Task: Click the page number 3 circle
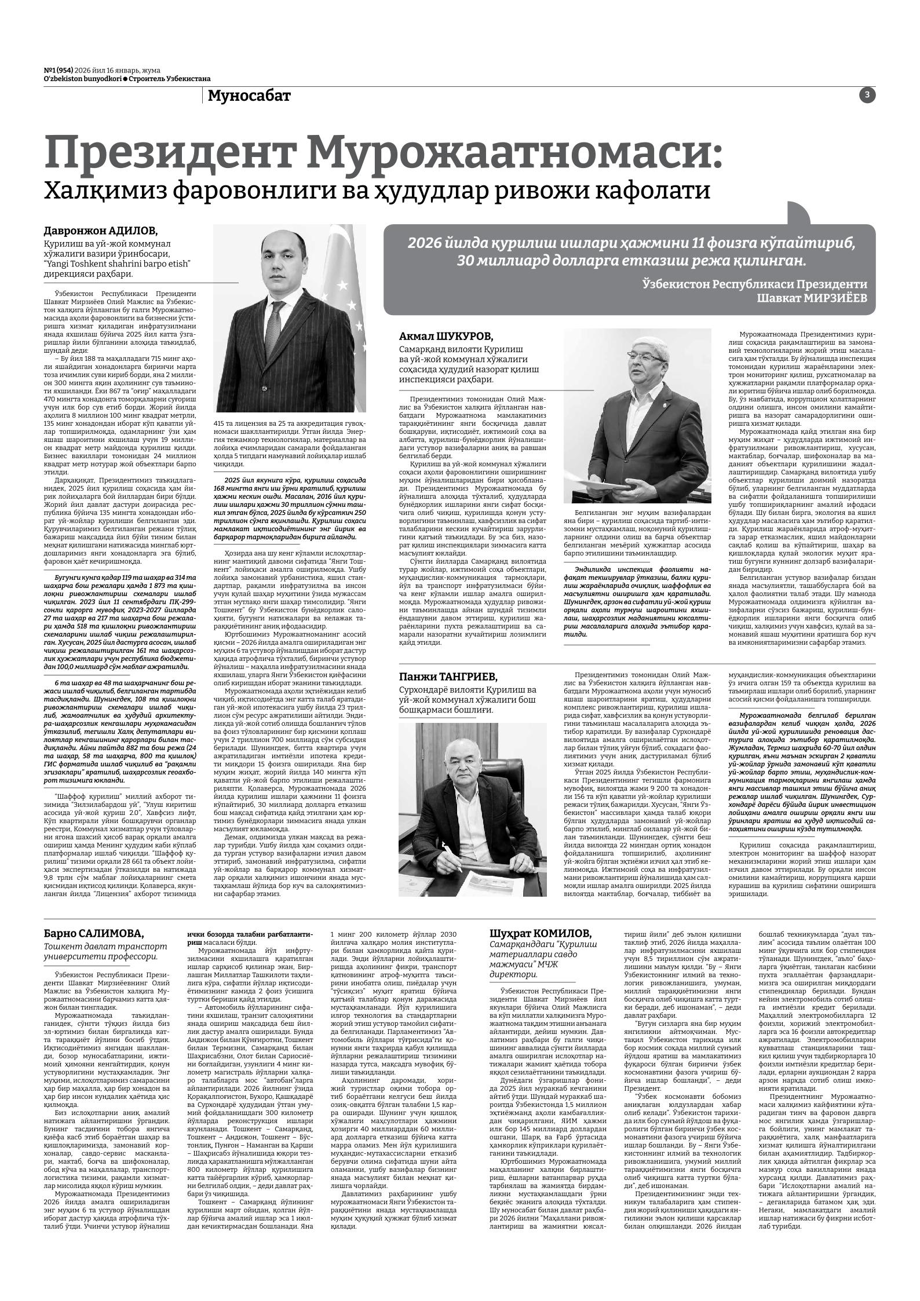(x=867, y=96)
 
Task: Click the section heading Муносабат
(x=249, y=96)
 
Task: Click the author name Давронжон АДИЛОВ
(x=101, y=230)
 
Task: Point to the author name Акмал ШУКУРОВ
(x=446, y=337)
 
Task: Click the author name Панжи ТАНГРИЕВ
(x=448, y=677)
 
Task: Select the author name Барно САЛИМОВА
(x=93, y=933)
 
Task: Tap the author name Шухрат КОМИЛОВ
(x=541, y=933)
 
